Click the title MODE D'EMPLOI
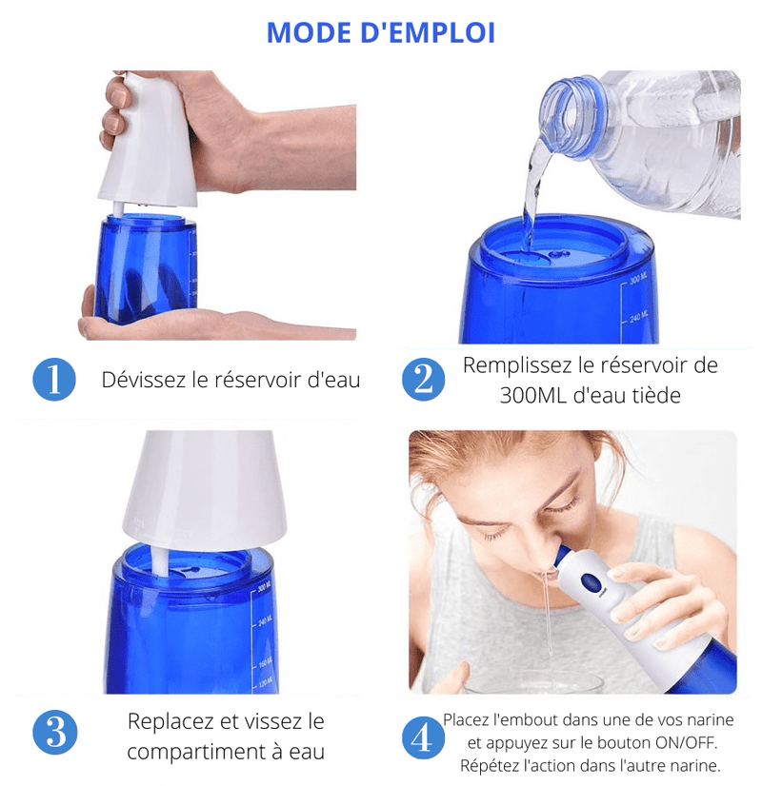point(381,32)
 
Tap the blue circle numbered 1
point(53,380)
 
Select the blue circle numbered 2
point(422,380)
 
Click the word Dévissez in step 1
point(143,381)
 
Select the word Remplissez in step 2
point(520,365)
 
